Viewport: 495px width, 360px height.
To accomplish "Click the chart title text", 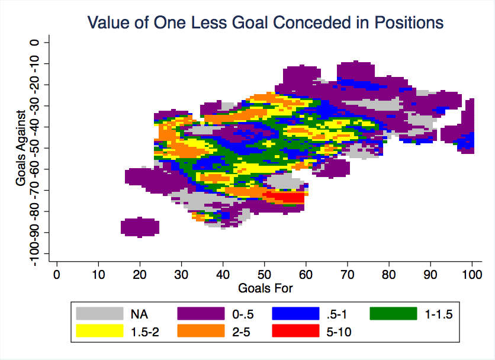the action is [265, 22].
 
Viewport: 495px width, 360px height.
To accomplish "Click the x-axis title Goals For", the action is [265, 288].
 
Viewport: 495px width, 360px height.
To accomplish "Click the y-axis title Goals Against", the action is [21, 148].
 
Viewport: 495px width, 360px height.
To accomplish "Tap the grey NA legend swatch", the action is [99, 314].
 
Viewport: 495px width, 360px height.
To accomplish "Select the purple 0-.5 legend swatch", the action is [201, 314].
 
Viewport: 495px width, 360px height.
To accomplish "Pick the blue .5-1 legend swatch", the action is [295, 314].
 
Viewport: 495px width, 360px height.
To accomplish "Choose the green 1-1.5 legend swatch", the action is [393, 314].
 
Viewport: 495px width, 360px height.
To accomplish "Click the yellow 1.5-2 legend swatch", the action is [99, 331].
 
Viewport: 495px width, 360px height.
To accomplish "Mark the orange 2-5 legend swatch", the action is [201, 331].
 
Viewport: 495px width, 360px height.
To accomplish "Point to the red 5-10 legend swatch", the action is [295, 331].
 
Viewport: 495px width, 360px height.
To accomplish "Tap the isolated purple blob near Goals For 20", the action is [140, 227].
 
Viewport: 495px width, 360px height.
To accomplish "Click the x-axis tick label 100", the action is [472, 274].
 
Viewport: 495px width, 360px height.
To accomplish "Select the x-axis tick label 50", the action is [264, 274].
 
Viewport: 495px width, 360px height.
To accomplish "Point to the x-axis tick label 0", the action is [57, 274].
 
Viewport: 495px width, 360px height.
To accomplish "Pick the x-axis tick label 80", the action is [389, 274].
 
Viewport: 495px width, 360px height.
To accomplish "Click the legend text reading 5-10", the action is [339, 332].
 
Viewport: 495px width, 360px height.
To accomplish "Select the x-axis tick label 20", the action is [140, 274].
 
